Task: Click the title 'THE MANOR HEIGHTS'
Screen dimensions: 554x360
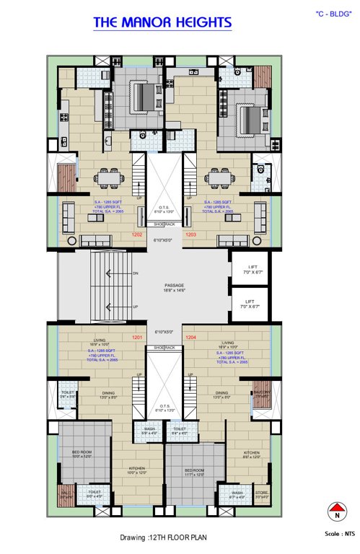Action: point(162,23)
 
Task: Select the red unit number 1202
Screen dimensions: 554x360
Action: point(136,234)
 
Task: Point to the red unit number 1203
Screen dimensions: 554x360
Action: point(191,234)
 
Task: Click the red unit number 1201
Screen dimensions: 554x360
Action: point(136,337)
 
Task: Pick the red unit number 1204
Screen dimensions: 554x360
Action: point(190,337)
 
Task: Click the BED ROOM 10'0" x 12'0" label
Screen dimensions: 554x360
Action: point(82,454)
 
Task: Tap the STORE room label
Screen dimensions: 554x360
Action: point(261,494)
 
